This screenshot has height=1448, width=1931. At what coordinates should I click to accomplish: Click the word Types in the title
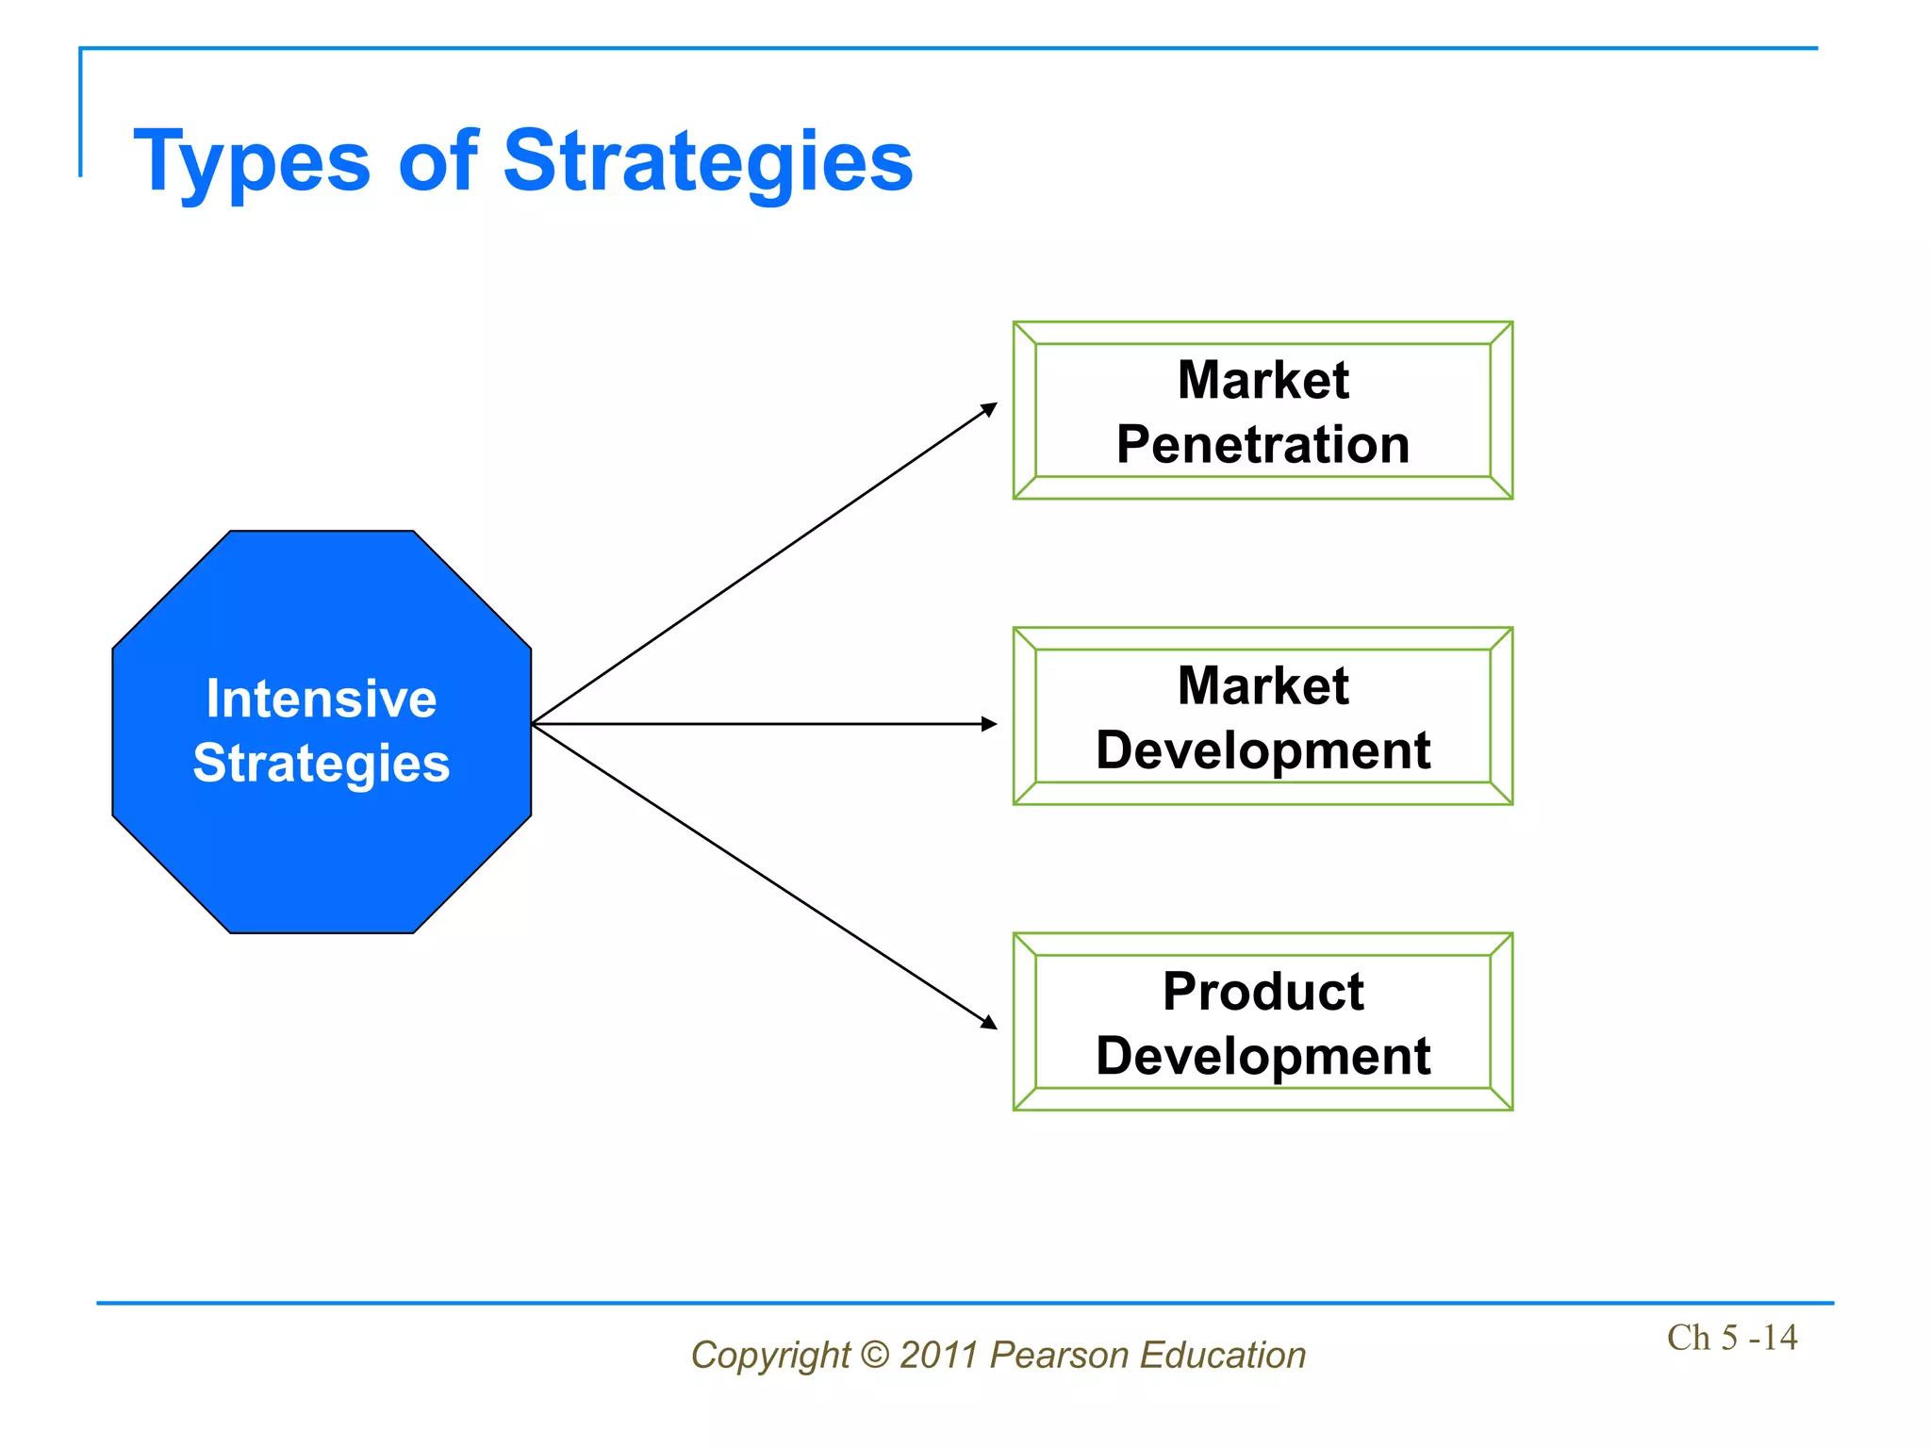pyautogui.click(x=252, y=162)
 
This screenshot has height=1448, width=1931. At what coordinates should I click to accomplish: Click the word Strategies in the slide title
pyautogui.click(x=707, y=162)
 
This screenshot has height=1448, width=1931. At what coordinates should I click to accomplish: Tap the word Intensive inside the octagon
pyautogui.click(x=322, y=699)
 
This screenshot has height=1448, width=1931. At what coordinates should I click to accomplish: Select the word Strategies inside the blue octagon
pyautogui.click(x=322, y=763)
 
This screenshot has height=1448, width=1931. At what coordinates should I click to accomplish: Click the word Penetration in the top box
pyautogui.click(x=1263, y=444)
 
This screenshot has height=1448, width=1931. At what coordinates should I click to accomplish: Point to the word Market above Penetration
pyautogui.click(x=1263, y=380)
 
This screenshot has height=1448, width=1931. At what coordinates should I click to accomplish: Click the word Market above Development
pyautogui.click(x=1263, y=685)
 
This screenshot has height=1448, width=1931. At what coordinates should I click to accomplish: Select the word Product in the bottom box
pyautogui.click(x=1263, y=991)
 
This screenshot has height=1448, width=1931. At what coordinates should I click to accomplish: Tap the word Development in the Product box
pyautogui.click(x=1263, y=1056)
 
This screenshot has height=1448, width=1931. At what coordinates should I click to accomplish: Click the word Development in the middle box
pyautogui.click(x=1263, y=750)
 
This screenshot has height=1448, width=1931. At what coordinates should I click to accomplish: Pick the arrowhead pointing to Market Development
pyautogui.click(x=989, y=724)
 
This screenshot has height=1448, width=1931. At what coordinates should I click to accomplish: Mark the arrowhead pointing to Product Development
pyautogui.click(x=989, y=1022)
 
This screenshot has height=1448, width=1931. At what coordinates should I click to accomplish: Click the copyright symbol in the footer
pyautogui.click(x=875, y=1355)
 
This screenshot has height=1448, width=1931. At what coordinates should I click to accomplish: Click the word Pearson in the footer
pyautogui.click(x=1059, y=1355)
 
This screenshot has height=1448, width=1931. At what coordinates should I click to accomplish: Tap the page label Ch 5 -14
pyautogui.click(x=1731, y=1337)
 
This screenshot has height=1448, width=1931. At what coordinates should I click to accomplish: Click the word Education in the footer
pyautogui.click(x=1222, y=1355)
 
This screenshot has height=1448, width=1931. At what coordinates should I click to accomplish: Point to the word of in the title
pyautogui.click(x=437, y=162)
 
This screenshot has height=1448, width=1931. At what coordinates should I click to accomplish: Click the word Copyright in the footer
pyautogui.click(x=770, y=1355)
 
